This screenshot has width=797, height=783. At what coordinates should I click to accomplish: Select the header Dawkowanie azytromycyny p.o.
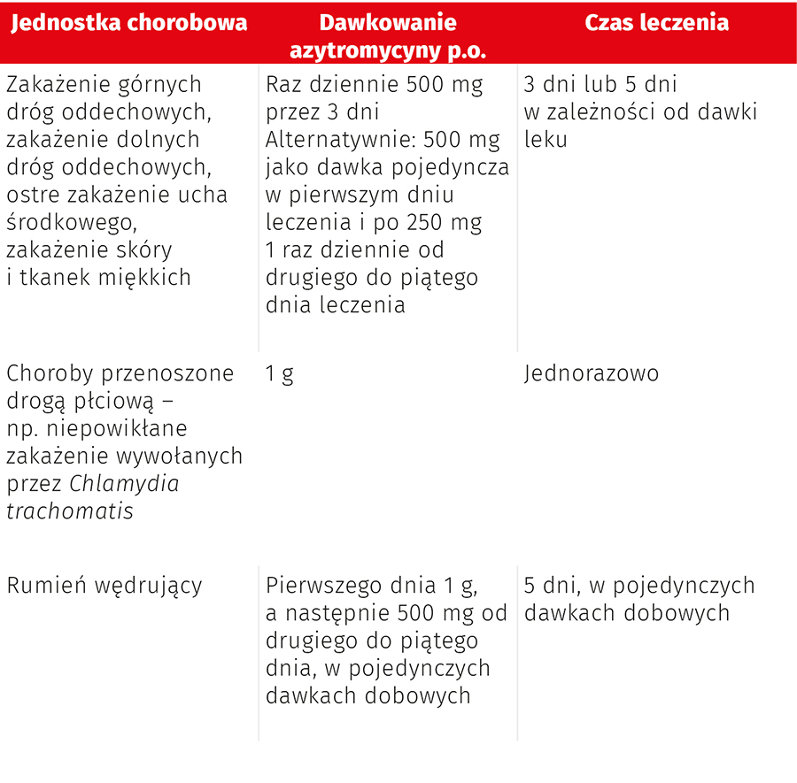point(388,36)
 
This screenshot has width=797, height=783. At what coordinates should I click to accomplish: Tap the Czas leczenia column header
point(656,23)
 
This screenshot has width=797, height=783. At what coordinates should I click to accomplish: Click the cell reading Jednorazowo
point(592,373)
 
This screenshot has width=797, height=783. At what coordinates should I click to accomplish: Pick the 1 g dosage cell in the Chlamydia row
point(280,374)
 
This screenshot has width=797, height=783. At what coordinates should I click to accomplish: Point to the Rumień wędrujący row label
point(104,586)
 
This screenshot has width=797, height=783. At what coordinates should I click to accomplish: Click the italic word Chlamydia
point(124,484)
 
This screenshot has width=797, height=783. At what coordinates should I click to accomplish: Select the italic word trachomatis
point(70,511)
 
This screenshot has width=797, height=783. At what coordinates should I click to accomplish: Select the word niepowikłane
point(119,429)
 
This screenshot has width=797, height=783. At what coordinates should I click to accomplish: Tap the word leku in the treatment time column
point(546,140)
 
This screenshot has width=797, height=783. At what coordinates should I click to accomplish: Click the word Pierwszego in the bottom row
point(324,586)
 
